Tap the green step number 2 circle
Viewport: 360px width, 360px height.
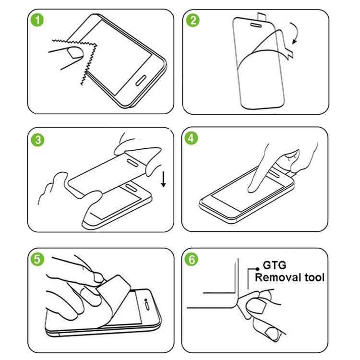click(x=193, y=21)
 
